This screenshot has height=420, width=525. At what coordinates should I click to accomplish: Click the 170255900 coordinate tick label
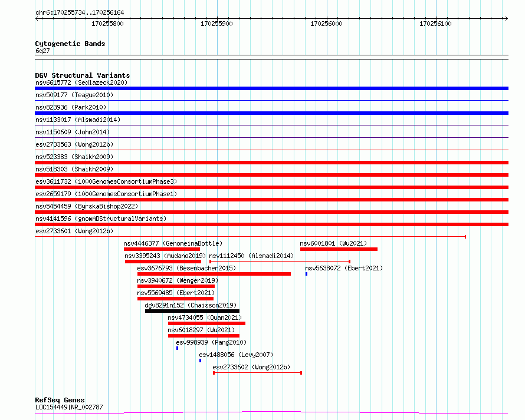tap(216, 24)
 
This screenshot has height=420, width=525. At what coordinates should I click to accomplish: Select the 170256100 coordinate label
tap(435, 24)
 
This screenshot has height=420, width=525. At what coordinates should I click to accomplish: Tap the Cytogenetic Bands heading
tap(70, 44)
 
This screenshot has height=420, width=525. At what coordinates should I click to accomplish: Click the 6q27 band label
tap(42, 51)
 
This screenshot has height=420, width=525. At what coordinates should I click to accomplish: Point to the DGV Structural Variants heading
tap(83, 75)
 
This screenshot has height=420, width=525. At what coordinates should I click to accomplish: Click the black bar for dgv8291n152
tap(192, 311)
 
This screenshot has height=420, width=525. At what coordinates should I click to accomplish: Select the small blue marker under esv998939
tap(177, 348)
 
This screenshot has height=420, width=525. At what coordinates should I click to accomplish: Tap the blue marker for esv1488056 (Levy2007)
tap(200, 361)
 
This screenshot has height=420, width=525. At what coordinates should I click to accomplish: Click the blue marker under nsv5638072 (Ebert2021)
tap(306, 274)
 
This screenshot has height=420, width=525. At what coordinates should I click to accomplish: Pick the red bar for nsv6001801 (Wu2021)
tap(339, 249)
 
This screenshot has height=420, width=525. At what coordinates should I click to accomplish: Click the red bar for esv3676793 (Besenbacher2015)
tap(214, 274)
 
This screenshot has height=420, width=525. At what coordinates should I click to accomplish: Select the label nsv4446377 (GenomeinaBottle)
tap(173, 243)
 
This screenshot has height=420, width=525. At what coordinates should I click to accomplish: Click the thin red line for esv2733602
tap(257, 373)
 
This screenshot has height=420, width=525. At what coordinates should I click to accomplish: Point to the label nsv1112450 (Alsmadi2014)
tap(251, 256)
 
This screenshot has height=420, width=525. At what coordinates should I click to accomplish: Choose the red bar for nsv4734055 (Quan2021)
tap(206, 323)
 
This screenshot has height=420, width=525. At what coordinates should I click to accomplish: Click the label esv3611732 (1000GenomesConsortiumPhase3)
tap(106, 181)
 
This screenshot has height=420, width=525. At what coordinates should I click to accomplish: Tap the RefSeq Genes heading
tap(60, 400)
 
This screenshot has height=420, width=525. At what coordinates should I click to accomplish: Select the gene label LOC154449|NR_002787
tap(69, 407)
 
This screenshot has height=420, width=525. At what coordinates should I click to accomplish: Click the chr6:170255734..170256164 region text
tap(80, 13)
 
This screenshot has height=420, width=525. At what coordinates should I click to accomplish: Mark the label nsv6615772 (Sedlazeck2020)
tap(81, 82)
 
